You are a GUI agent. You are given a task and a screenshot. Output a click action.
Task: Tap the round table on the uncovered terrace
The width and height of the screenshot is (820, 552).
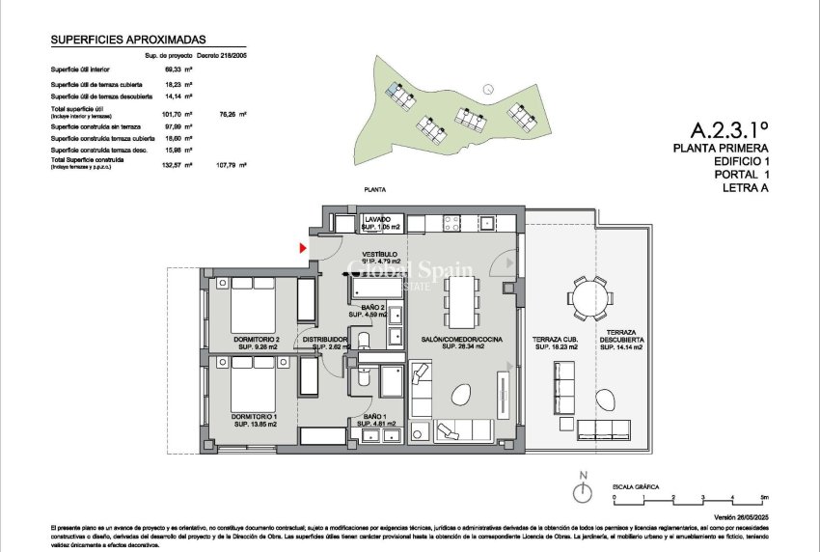pyautogui.click(x=588, y=296)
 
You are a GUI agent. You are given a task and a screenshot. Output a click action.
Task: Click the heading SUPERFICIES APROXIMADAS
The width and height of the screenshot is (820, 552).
pyautogui.click(x=114, y=41)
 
